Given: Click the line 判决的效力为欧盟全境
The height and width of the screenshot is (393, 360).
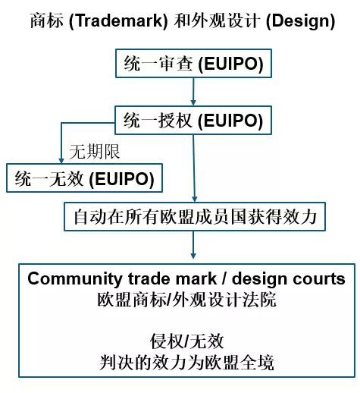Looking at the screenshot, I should coord(186,363).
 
